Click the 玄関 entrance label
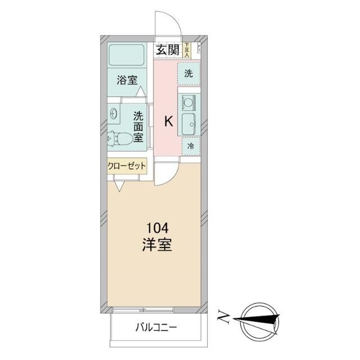click(x=168, y=49)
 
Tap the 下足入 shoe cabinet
click(x=187, y=49)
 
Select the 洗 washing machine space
click(x=189, y=73)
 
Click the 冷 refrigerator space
click(x=190, y=146)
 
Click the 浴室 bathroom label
click(x=127, y=80)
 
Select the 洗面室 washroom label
click(x=138, y=127)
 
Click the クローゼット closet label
click(x=127, y=166)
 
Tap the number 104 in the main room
click(x=157, y=229)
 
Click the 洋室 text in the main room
click(x=157, y=245)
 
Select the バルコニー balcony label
click(x=157, y=327)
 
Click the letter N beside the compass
click(x=223, y=318)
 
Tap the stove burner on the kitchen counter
click(x=187, y=102)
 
